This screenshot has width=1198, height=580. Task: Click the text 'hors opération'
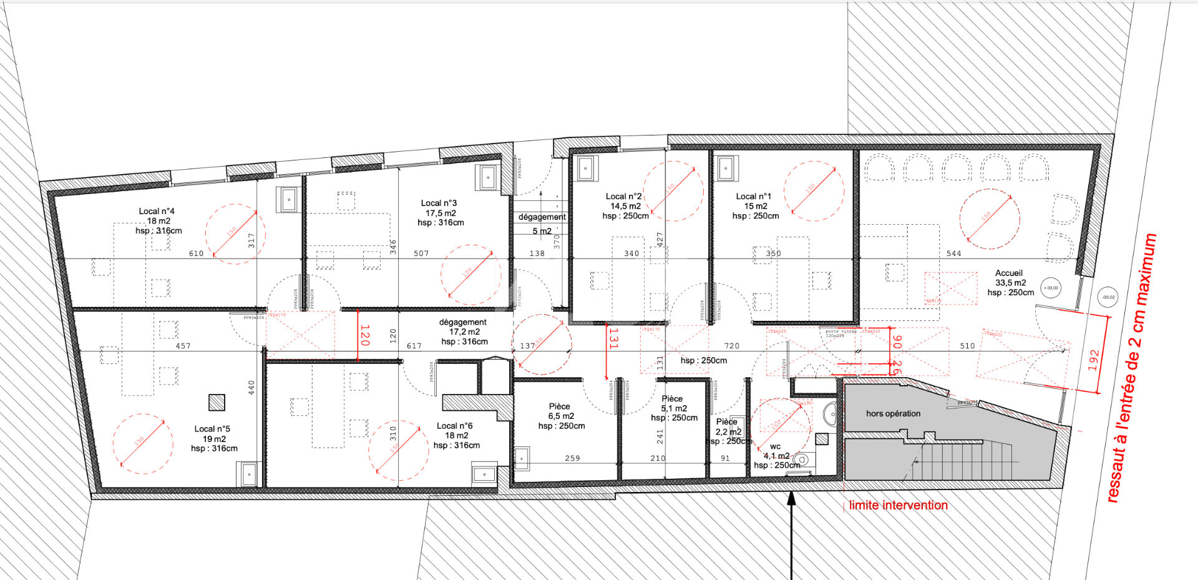893,413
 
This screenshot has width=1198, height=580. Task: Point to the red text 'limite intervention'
898,505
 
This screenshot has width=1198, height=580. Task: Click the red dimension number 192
1093,360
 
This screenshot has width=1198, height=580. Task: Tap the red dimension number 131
613,338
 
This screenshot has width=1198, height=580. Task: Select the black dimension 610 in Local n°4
196,253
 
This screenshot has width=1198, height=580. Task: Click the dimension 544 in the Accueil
953,253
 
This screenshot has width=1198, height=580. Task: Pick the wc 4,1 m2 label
776,456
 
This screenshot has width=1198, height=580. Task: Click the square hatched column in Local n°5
217,403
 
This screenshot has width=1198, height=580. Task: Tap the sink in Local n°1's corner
726,168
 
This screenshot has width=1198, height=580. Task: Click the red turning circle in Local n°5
143,443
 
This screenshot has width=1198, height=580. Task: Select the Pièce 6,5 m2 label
561,416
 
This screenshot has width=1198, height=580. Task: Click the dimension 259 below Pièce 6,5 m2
572,458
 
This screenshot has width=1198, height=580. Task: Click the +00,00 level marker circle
1051,288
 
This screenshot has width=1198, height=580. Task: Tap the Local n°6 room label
456,435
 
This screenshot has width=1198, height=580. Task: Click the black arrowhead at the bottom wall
791,498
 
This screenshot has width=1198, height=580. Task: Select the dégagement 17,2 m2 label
464,332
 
